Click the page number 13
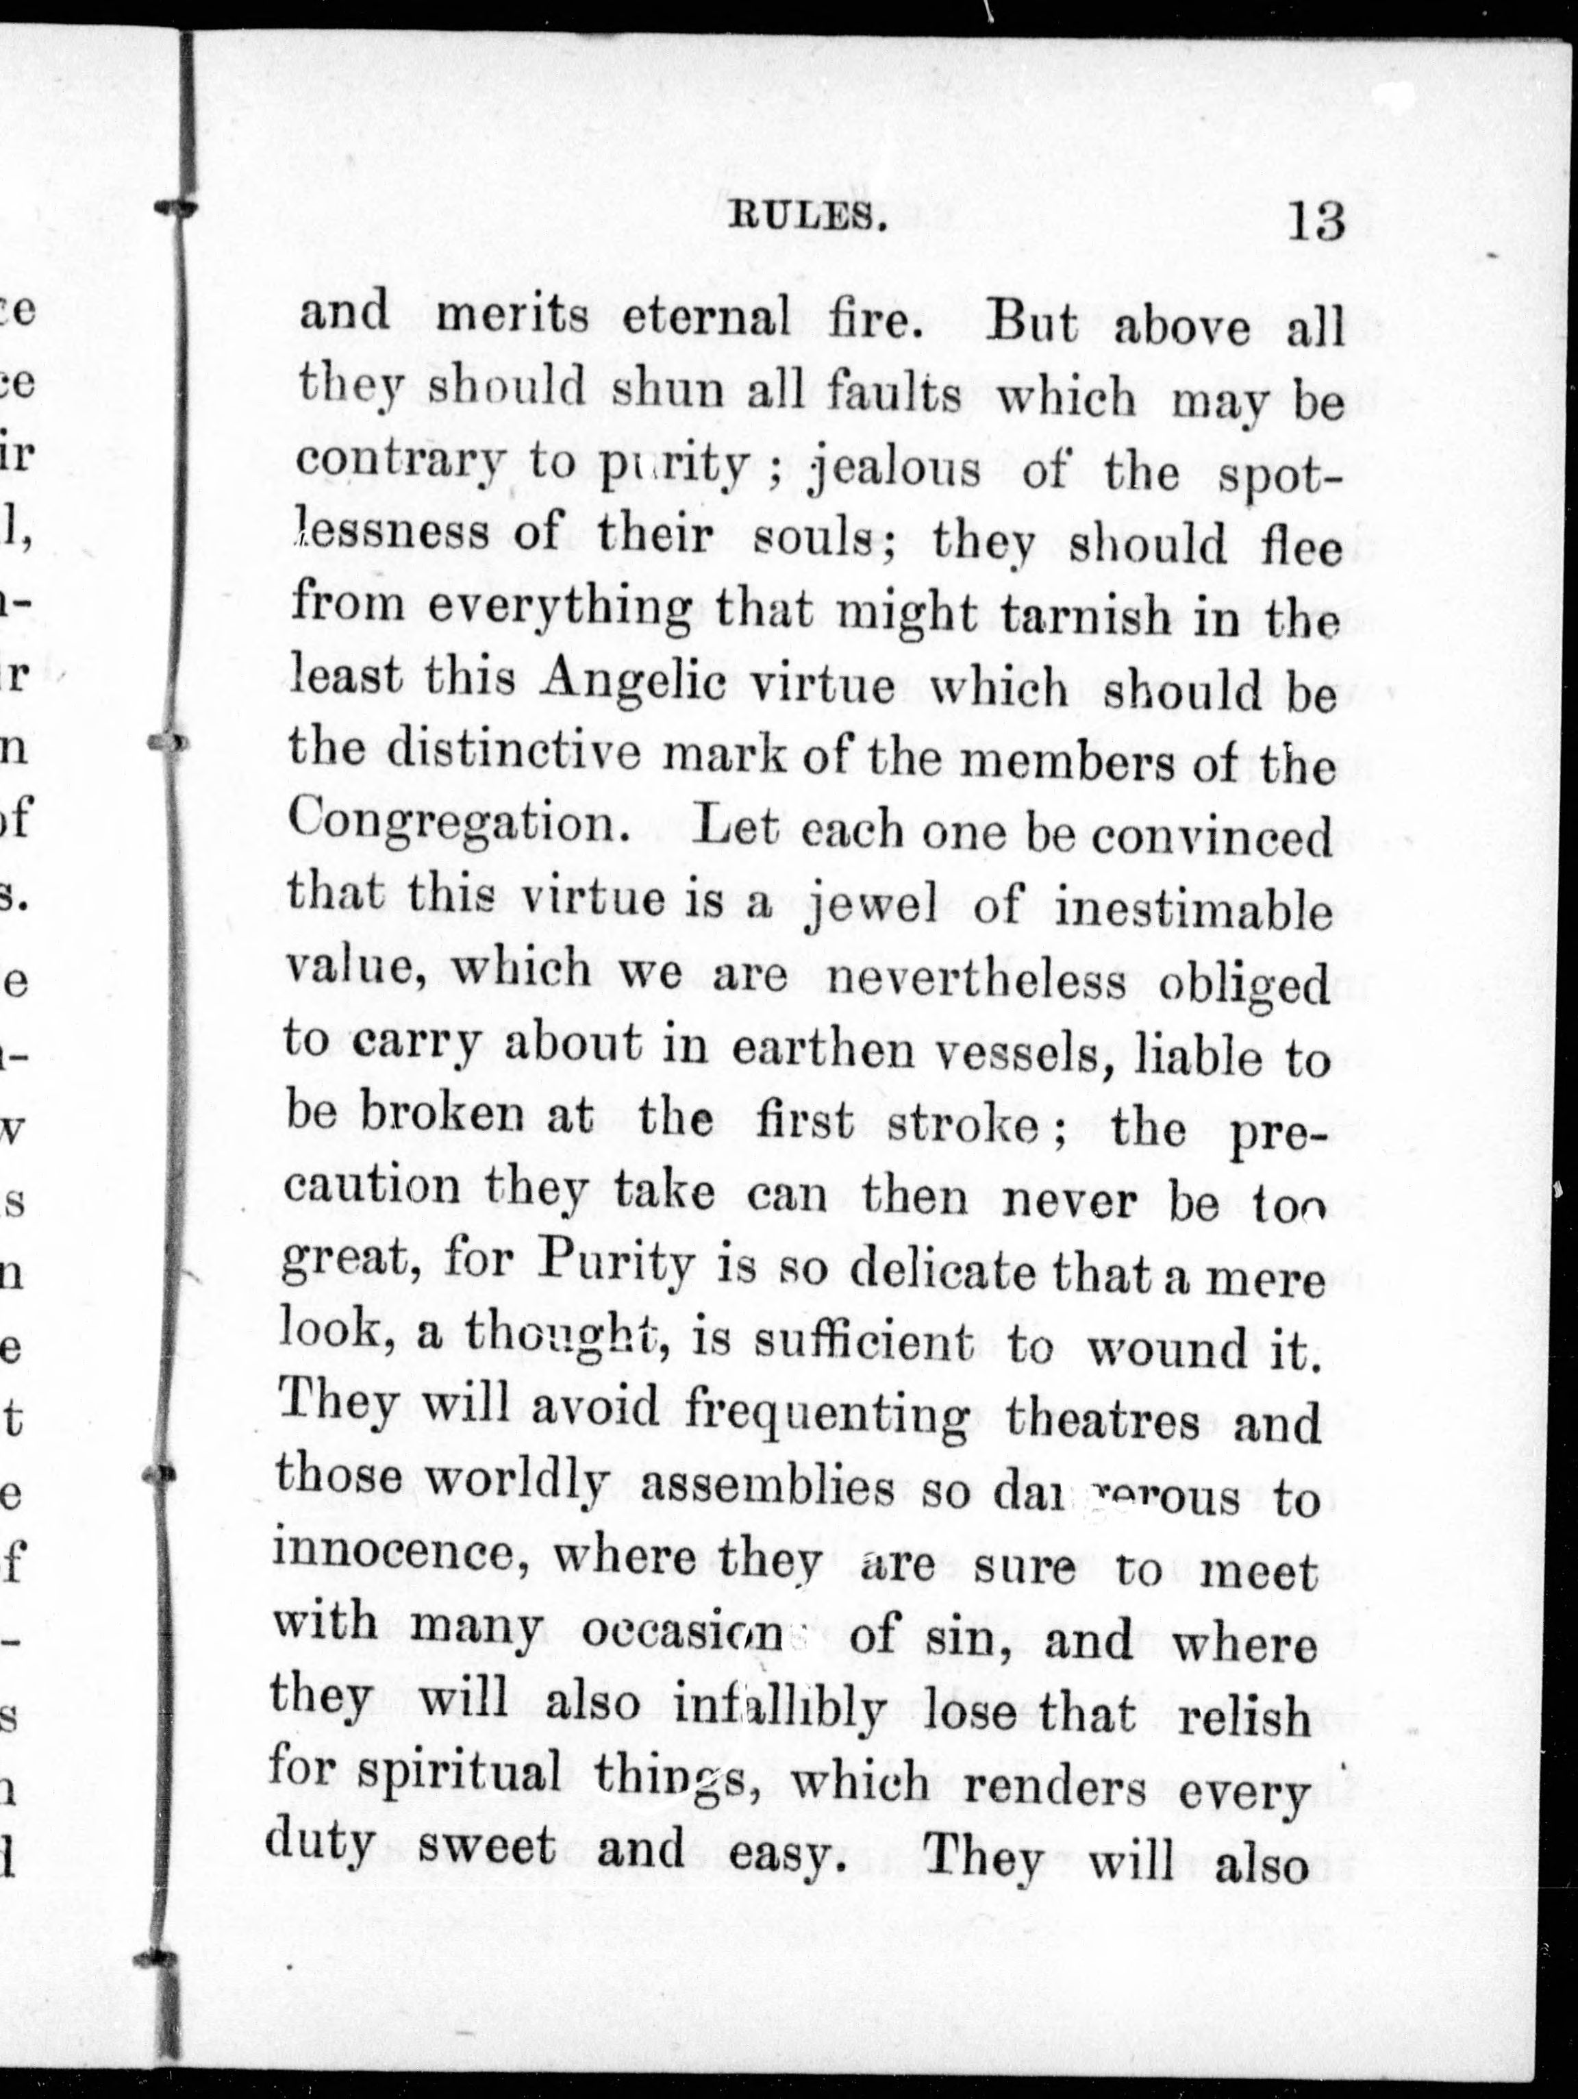(1316, 223)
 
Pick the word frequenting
(825, 1419)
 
